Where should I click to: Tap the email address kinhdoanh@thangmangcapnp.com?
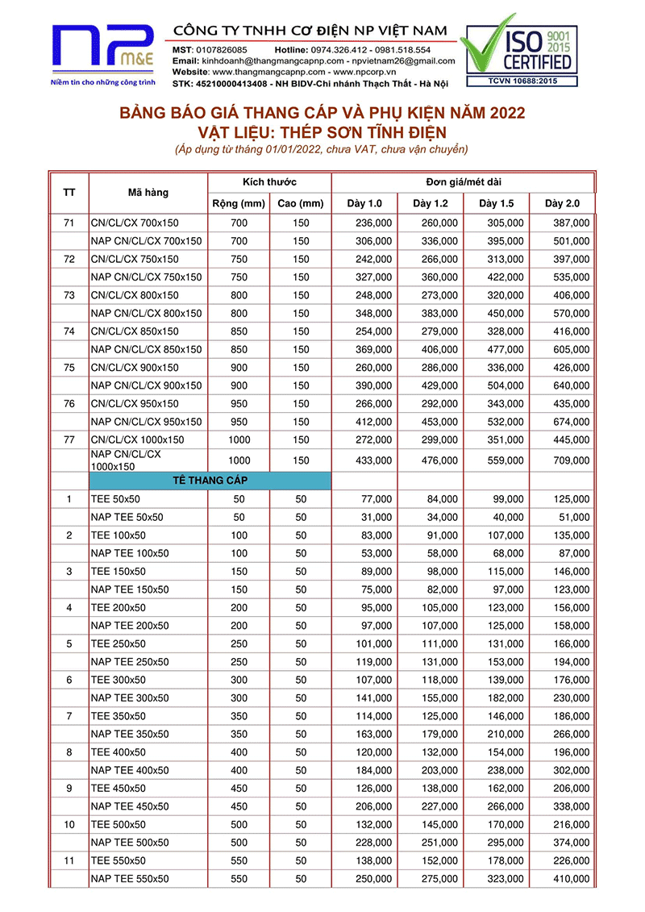point(271,61)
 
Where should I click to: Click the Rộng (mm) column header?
point(239,203)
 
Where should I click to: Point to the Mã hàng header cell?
point(148,193)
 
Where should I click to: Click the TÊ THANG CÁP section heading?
point(210,481)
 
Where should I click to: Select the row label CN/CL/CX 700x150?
point(135,223)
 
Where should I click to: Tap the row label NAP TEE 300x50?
point(130,698)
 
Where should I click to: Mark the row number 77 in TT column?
point(69,439)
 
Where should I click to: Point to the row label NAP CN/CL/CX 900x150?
point(146,385)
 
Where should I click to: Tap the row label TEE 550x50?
point(119,860)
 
